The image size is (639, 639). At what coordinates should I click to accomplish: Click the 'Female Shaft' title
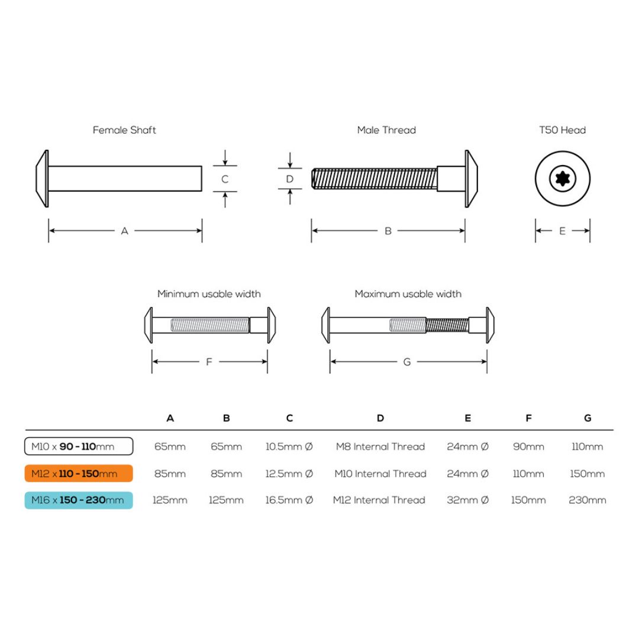pos(124,130)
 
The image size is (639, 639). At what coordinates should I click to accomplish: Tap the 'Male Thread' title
pos(386,130)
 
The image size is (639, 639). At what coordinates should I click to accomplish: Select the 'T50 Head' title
pos(563,130)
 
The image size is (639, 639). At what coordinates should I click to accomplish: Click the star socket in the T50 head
pos(563,179)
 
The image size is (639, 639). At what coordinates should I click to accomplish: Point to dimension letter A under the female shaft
pos(125,231)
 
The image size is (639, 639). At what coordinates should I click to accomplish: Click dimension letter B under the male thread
pos(388,231)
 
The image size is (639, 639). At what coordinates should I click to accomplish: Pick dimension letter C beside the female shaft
pos(225,179)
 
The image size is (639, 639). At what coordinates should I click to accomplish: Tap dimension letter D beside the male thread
pos(290,179)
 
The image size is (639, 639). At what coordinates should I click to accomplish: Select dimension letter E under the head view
pos(563,231)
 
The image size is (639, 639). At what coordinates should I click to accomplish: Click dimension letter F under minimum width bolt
pos(209,362)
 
